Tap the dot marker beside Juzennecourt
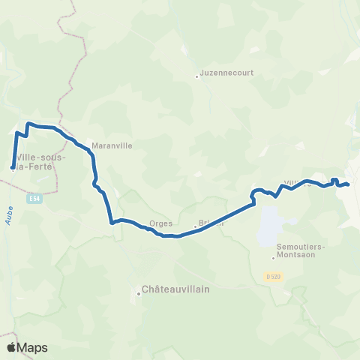(196, 76)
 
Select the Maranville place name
(111, 147)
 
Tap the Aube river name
(9, 216)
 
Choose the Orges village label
(161, 223)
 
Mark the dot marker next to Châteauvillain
(139, 293)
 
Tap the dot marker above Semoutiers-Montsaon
(274, 259)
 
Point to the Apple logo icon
(10, 347)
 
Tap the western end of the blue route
(13, 167)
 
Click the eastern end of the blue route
(349, 184)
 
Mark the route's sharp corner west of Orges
(111, 222)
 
